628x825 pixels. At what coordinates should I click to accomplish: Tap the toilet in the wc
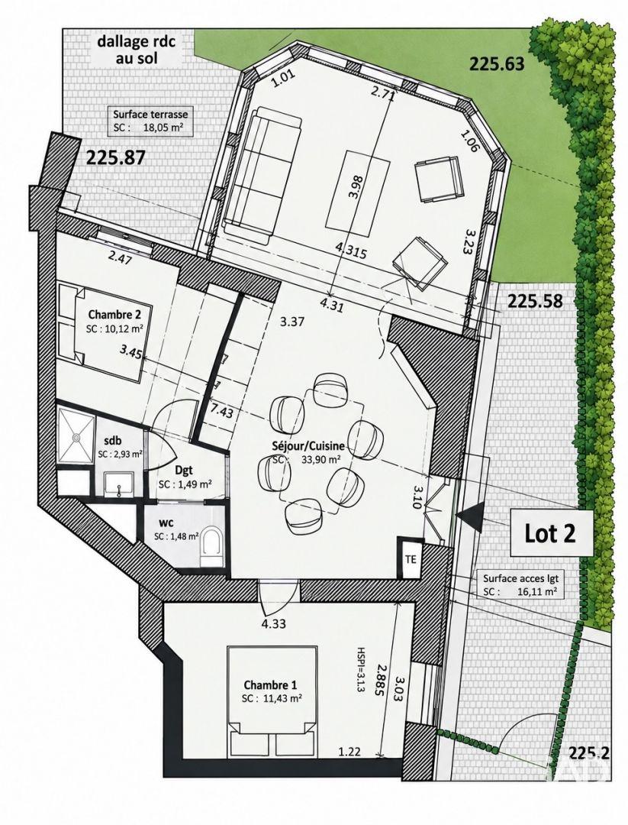point(212,544)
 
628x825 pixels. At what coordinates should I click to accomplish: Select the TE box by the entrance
point(411,558)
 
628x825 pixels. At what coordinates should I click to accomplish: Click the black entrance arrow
point(470,516)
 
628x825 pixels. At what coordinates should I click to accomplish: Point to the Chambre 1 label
point(270,685)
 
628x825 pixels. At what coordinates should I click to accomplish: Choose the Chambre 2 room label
point(114,315)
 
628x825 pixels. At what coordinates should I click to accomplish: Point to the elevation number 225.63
point(497,65)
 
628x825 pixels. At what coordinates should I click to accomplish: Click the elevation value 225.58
point(535,302)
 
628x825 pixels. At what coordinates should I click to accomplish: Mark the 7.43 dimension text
point(222,410)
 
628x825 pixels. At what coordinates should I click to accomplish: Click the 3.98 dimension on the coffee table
point(355,186)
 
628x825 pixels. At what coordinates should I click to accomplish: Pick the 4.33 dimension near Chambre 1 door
point(272,624)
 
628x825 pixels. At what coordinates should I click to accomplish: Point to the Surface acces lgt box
point(520,584)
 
